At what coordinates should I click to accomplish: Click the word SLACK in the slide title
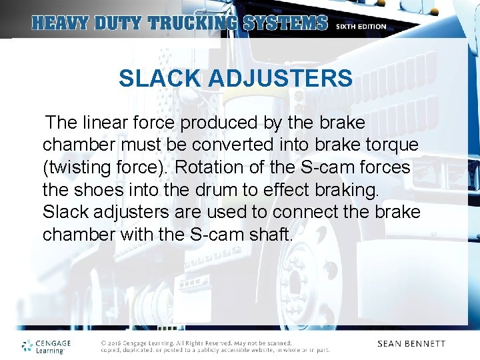point(161,79)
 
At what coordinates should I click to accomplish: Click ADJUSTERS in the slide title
point(280,79)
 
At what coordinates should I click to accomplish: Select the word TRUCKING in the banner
point(193,23)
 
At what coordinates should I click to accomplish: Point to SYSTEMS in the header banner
point(285,23)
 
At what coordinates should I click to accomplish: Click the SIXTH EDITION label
point(361,27)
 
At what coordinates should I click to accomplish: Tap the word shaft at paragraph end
point(272,234)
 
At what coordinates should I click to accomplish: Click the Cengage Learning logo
point(46,345)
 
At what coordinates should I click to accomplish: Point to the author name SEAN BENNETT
point(411,344)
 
